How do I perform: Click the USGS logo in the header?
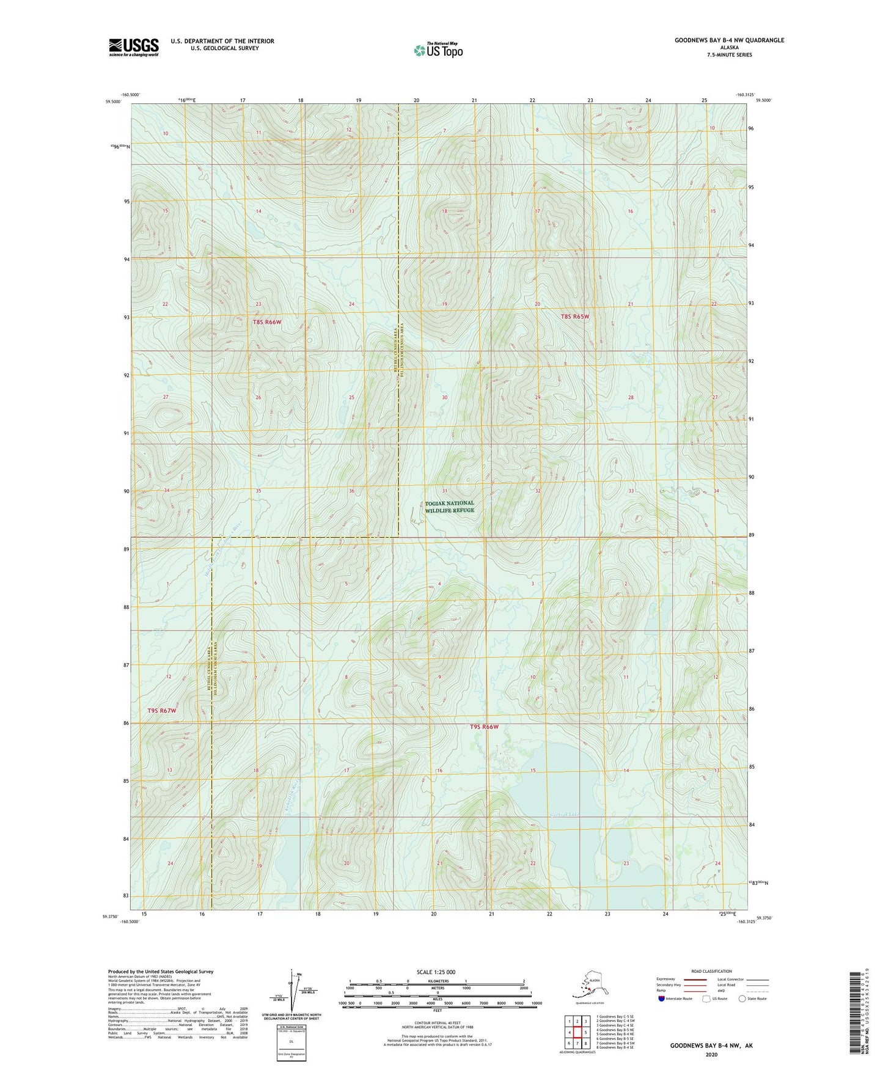134,47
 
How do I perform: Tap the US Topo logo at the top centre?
438,50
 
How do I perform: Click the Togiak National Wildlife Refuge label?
450,507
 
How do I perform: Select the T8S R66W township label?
266,322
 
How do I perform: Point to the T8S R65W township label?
575,317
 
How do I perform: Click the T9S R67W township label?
162,711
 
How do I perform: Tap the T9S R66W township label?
485,727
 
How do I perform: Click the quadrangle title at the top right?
729,40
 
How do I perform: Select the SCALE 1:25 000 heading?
436,972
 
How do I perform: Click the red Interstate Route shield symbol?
662,999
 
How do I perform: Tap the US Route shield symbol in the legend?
707,999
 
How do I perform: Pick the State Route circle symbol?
742,999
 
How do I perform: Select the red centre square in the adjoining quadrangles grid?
577,1033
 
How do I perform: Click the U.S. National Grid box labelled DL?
291,1041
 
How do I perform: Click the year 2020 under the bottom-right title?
711,1054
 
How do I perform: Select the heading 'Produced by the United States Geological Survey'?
161,972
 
